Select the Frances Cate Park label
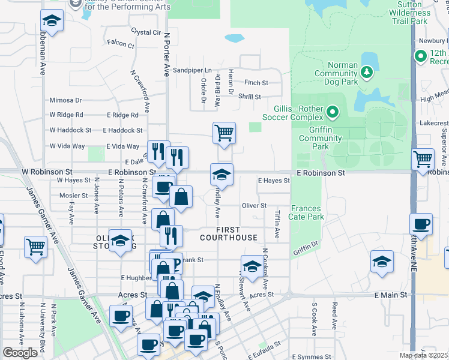(307, 212)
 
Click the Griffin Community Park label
(321, 137)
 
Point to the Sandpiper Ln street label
(192, 70)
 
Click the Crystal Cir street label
(146, 32)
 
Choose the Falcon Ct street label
(121, 43)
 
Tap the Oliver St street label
(254, 205)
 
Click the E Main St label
(391, 295)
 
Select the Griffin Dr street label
(307, 246)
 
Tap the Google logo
(20, 353)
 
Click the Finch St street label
(256, 82)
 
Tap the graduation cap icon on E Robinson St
(221, 175)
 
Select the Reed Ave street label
(334, 314)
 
